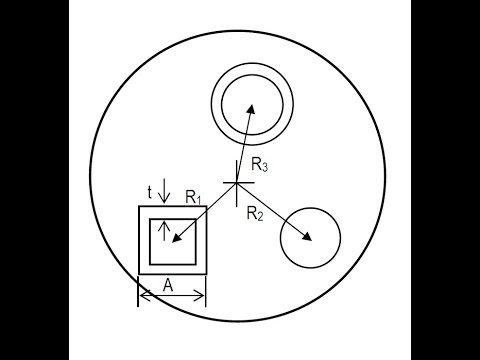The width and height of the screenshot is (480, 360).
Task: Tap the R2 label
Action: click(255, 212)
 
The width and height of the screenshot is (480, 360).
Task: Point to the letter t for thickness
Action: click(149, 191)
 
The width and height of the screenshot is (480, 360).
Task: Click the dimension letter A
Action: click(168, 286)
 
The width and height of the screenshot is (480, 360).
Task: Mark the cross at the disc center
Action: click(237, 182)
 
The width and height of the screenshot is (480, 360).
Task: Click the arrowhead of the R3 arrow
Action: click(250, 107)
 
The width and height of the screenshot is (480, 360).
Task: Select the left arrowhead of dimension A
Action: click(142, 295)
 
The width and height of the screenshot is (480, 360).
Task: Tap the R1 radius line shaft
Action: click(207, 209)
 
